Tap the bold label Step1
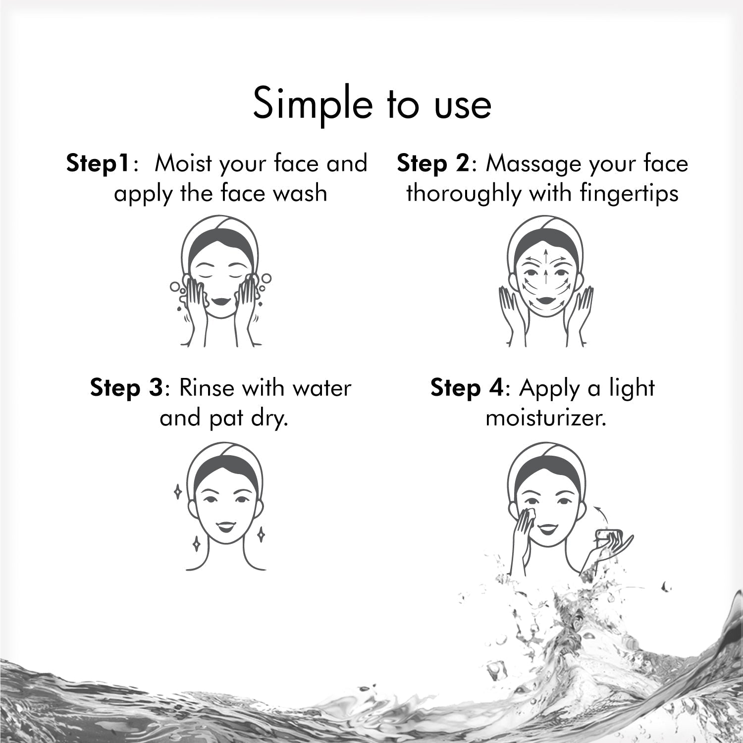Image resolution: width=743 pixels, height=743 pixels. pyautogui.click(x=99, y=164)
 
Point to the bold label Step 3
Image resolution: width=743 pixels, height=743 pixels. pyautogui.click(x=126, y=388)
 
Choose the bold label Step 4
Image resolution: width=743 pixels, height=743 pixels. pyautogui.click(x=466, y=388)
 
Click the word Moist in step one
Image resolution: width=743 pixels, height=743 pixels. pyautogui.click(x=184, y=163)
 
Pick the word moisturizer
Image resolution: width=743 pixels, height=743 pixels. pyautogui.click(x=546, y=418)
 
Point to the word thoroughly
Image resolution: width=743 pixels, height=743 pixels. pyautogui.click(x=464, y=194)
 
